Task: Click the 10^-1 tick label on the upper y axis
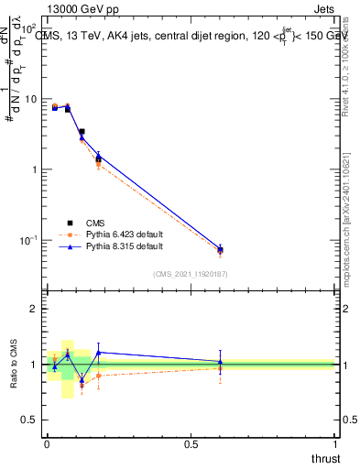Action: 29,240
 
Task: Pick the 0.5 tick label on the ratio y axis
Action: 31,420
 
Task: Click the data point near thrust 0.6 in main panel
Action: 220,249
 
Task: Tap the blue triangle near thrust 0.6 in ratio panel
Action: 220,362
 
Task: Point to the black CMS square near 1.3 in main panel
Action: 98,159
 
